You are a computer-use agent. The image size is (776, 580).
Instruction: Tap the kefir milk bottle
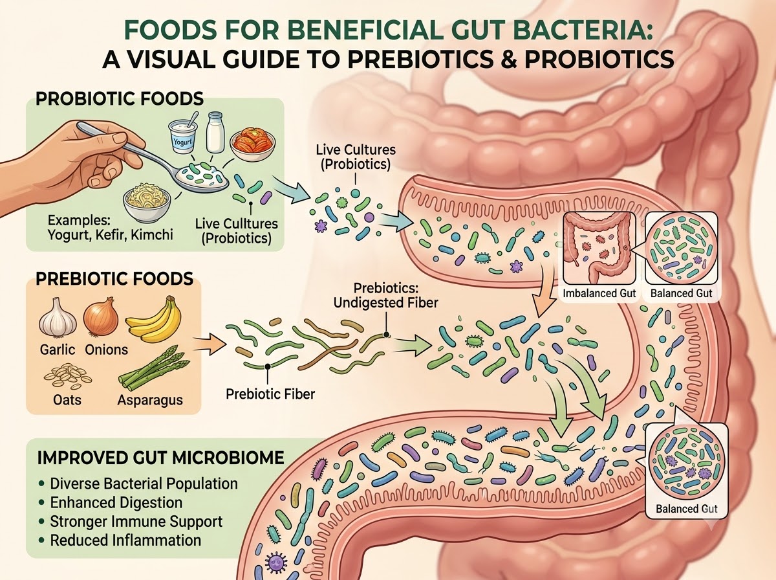pyautogui.click(x=215, y=132)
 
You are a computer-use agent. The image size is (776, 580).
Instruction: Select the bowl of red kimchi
pyautogui.click(x=252, y=146)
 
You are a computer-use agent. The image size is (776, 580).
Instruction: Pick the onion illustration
pyautogui.click(x=101, y=317)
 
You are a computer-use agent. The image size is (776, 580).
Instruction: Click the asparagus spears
pyautogui.click(x=154, y=369)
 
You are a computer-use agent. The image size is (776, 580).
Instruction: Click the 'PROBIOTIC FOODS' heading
pyautogui.click(x=120, y=98)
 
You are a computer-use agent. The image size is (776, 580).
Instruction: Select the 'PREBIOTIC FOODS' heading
pyautogui.click(x=114, y=278)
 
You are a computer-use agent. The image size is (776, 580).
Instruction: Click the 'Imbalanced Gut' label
pyautogui.click(x=599, y=293)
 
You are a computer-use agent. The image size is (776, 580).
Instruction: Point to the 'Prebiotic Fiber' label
pyautogui.click(x=270, y=394)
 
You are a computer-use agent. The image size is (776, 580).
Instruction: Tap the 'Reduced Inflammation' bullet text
pyautogui.click(x=125, y=541)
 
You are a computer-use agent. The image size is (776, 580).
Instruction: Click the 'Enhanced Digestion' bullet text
pyautogui.click(x=116, y=502)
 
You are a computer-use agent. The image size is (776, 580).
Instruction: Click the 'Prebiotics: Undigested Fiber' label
pyautogui.click(x=385, y=295)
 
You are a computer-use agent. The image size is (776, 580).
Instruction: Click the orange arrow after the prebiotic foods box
pyautogui.click(x=210, y=343)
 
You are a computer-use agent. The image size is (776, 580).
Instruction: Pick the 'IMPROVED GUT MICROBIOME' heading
pyautogui.click(x=160, y=458)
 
